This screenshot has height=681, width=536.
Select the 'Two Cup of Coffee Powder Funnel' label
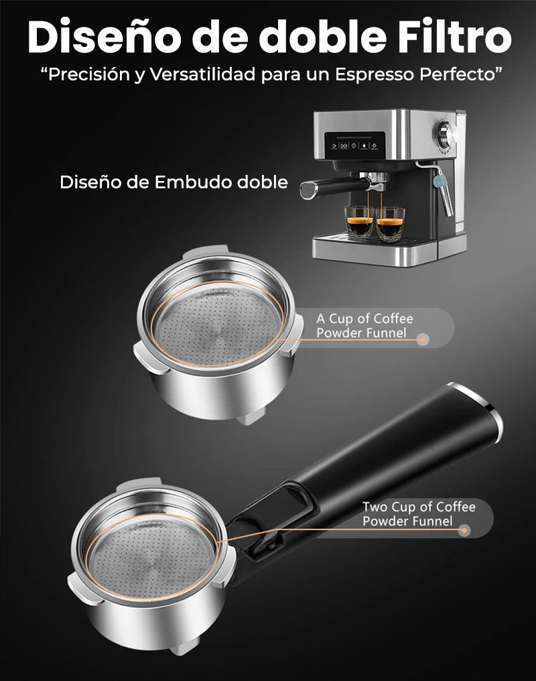click(419, 513)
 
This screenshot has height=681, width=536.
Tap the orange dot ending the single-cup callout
click(422, 340)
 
